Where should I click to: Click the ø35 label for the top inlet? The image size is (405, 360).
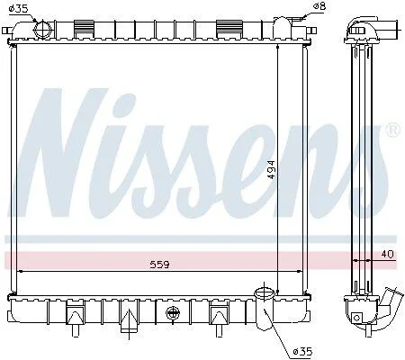coord(18,9)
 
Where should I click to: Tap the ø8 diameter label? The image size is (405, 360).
coord(319,5)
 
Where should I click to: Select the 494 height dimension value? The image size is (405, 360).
coord(271,169)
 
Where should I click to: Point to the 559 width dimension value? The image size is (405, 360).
coord(159,265)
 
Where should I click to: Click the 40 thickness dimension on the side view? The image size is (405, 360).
coord(387,255)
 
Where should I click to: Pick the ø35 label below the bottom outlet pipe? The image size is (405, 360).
coord(303,351)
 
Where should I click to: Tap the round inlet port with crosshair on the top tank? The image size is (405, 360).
coord(43,30)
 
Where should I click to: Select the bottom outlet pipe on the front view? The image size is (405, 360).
coord(264,309)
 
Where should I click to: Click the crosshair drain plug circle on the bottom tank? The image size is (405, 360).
coord(173,313)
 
